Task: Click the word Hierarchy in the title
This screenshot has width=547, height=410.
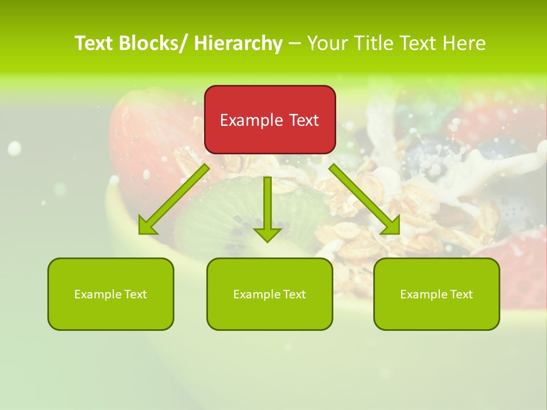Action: pyautogui.click(x=238, y=44)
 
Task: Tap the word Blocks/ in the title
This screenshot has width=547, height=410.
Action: pyautogui.click(x=154, y=44)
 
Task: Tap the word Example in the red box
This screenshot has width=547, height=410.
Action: pyautogui.click(x=251, y=121)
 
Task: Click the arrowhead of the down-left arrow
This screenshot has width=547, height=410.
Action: pyautogui.click(x=147, y=227)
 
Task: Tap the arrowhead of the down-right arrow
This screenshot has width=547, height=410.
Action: pyautogui.click(x=391, y=226)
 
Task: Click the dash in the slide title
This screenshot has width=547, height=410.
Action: pyautogui.click(x=295, y=44)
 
